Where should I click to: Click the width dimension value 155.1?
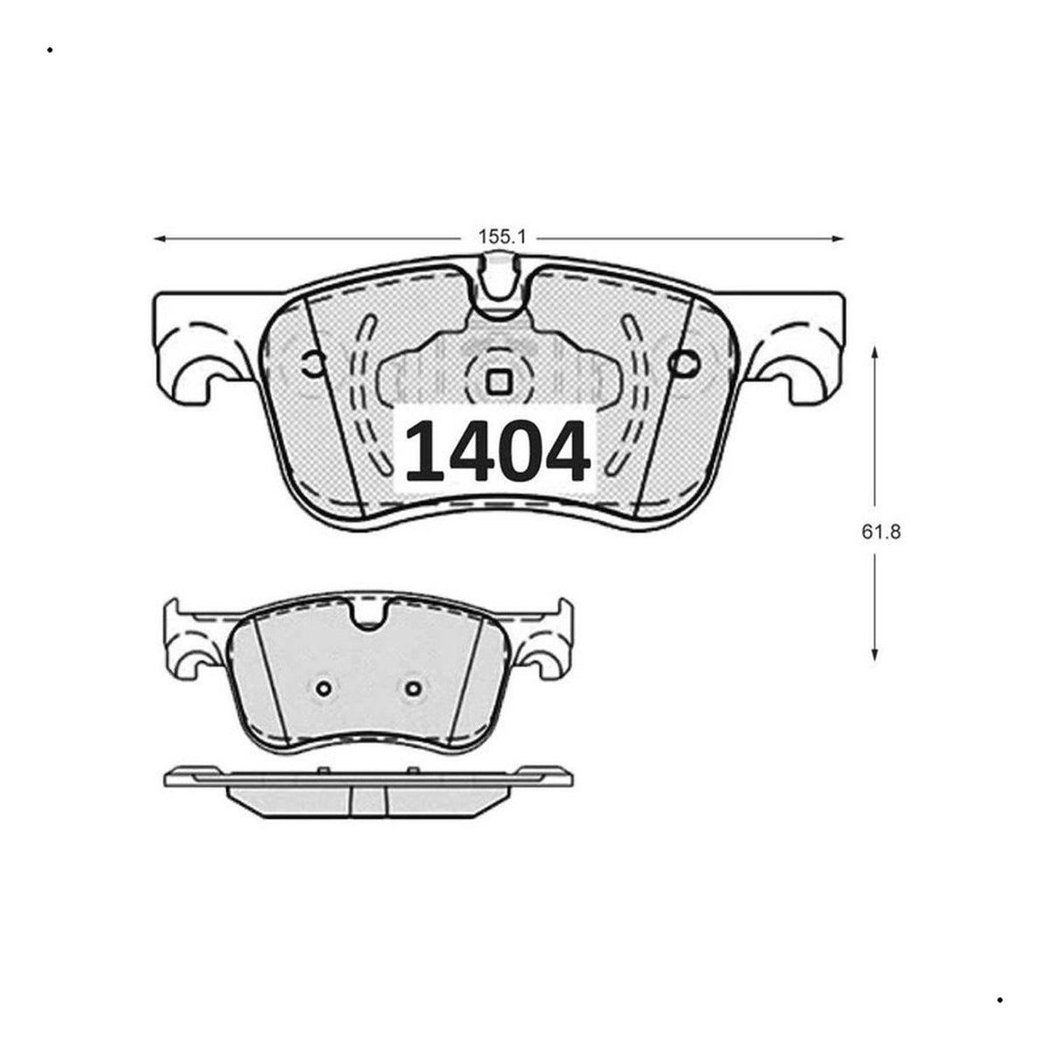501,237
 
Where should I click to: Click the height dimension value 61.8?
881,532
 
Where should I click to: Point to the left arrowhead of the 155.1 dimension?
159,239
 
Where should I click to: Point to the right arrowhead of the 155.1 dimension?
837,239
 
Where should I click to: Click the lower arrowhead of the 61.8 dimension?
874,654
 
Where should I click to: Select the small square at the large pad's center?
498,381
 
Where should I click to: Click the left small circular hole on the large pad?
312,363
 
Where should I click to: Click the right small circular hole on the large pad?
685,363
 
